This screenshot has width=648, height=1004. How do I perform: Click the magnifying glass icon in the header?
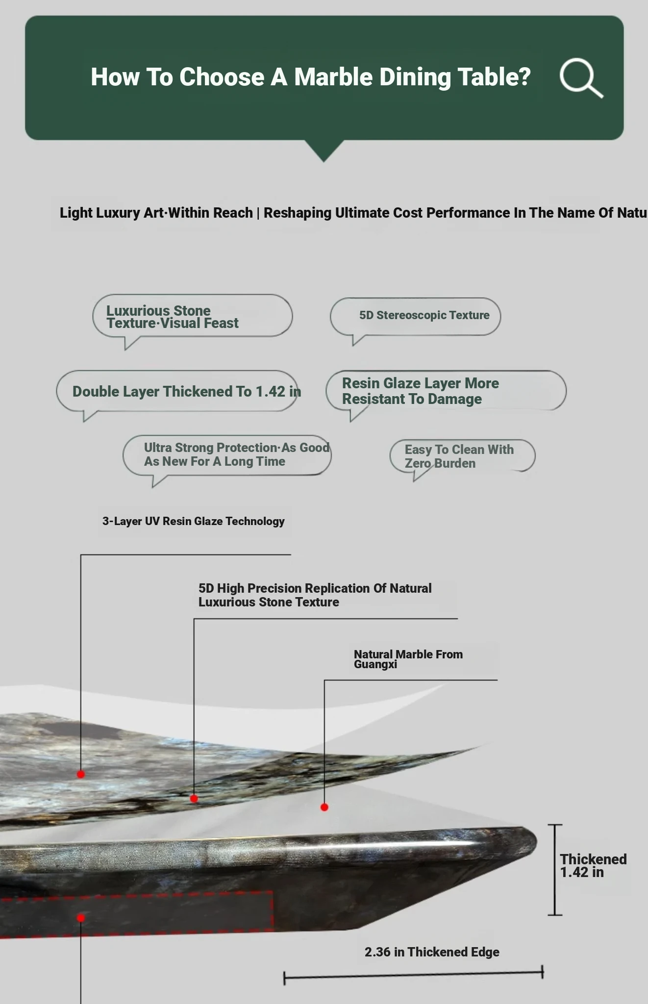pyautogui.click(x=581, y=78)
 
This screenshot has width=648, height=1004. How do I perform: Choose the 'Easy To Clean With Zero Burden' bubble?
pyautogui.click(x=462, y=457)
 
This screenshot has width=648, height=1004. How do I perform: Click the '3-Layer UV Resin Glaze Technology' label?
pyautogui.click(x=194, y=521)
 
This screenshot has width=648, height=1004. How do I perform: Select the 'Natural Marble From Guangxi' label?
pyautogui.click(x=408, y=659)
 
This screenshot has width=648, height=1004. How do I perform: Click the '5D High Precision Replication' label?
pyautogui.click(x=315, y=595)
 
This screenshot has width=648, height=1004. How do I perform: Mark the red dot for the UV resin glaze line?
pyautogui.click(x=81, y=774)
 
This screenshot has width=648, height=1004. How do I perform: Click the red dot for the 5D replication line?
pyautogui.click(x=194, y=799)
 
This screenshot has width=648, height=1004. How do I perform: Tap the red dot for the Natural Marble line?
pyautogui.click(x=324, y=807)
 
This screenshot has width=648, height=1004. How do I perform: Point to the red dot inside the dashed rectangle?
pyautogui.click(x=81, y=918)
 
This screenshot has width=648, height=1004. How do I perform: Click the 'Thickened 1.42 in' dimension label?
pyautogui.click(x=593, y=865)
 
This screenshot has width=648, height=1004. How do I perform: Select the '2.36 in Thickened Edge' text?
pyautogui.click(x=432, y=952)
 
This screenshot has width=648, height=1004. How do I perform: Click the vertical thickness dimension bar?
pyautogui.click(x=555, y=870)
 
